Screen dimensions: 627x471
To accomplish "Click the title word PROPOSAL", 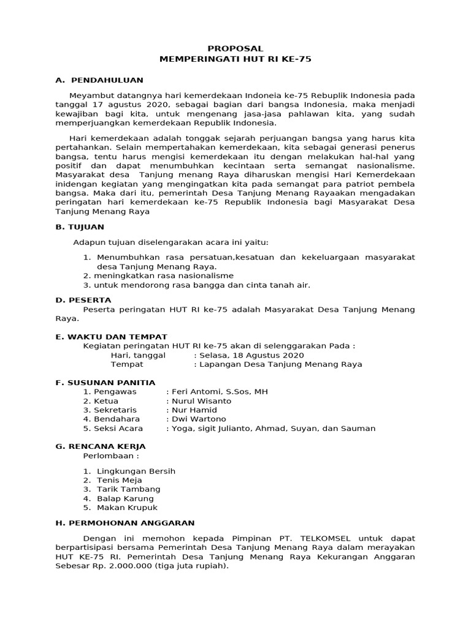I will point(235,48).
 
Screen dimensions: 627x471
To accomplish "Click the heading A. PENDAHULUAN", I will point(99,80).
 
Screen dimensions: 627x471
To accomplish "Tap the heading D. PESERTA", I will point(83,300).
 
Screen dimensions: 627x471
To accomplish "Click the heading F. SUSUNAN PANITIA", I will point(105,382).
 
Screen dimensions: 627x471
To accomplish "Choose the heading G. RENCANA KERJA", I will point(100,446).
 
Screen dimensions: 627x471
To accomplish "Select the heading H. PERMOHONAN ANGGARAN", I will point(124,522).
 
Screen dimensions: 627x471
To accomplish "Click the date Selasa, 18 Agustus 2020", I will point(251,355).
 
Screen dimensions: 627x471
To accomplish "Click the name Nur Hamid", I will point(193,410).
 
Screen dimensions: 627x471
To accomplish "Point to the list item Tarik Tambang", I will point(128,489).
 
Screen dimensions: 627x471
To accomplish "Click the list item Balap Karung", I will point(125,498).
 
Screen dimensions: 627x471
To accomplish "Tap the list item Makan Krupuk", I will point(127,508).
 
